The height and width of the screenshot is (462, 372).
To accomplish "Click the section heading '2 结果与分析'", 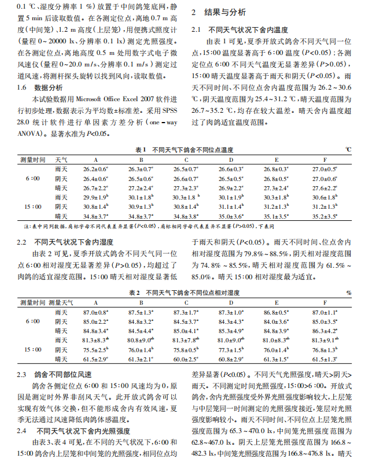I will [x=218, y=12].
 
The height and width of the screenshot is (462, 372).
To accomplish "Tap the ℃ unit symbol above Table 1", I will [x=348, y=149].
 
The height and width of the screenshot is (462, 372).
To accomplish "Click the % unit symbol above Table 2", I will [x=349, y=293].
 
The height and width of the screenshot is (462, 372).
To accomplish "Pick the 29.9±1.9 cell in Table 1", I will [x=95, y=197].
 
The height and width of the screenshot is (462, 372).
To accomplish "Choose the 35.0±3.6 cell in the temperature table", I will [x=231, y=216].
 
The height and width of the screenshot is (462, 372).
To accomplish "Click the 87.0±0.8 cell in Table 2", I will [x=95, y=312].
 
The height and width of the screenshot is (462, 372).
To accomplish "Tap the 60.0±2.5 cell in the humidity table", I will [x=186, y=360].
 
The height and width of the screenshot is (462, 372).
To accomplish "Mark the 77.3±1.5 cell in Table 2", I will [x=231, y=350].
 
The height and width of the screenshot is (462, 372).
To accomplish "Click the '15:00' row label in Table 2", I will [x=32, y=350].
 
